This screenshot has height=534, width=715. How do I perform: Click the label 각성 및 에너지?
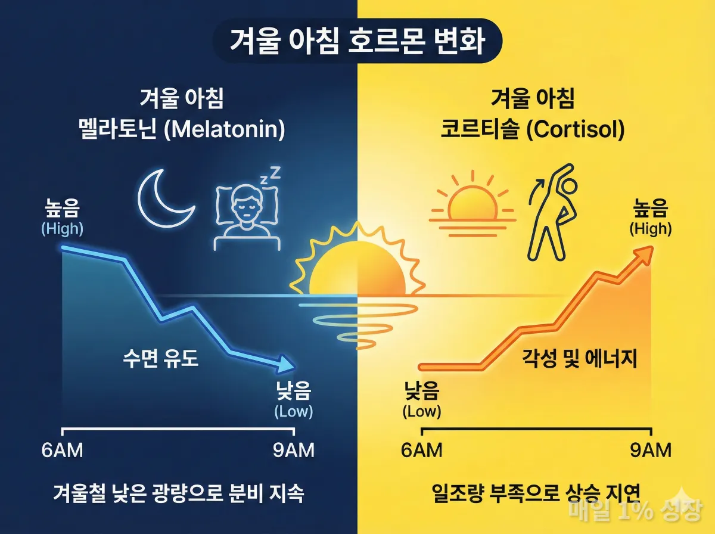pos(580,359)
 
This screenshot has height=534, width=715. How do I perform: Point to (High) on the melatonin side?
pos(62,228)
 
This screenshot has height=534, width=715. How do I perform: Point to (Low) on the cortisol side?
pos(422,411)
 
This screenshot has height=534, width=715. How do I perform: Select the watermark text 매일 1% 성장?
pos(635,510)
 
